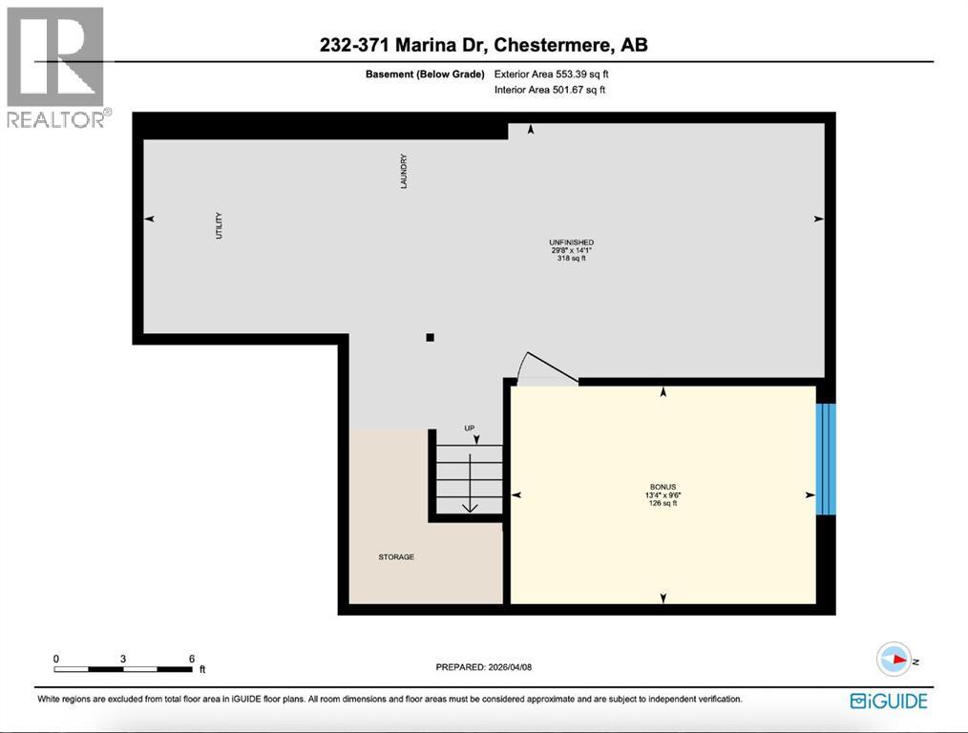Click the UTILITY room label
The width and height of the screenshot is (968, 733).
coord(219,225)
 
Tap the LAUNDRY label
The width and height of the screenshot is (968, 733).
coord(404,172)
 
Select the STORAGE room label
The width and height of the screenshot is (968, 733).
coord(396,557)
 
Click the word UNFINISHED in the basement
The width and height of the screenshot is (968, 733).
coord(571,242)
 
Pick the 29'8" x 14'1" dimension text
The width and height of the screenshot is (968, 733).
coord(571,250)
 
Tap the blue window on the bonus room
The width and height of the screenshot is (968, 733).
coord(826,458)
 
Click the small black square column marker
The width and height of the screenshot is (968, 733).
coord(431,337)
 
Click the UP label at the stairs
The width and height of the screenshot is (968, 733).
coord(469,428)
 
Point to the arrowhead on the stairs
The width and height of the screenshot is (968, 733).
coord(469,507)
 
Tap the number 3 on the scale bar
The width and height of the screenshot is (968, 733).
coord(124,659)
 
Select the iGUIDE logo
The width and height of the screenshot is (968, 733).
coord(889,701)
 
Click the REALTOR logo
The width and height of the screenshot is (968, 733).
coord(56,67)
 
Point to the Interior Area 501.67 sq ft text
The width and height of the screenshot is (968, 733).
coord(550,90)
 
